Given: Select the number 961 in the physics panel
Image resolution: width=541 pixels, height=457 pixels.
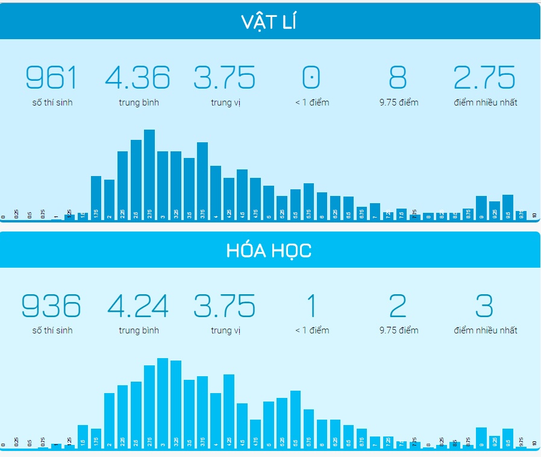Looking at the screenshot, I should point(52,78).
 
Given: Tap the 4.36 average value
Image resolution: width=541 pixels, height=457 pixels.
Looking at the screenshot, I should point(138,78).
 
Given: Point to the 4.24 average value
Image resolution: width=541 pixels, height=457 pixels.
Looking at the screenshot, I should point(138,306).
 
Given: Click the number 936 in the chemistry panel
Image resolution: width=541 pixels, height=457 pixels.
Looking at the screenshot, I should point(52,306).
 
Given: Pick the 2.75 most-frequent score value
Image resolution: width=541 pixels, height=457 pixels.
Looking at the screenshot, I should point(485,78).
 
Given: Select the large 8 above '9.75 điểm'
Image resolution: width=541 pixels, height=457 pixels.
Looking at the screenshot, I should point(398,78).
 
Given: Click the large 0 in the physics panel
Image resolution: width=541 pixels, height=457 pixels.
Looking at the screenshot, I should point(311,78).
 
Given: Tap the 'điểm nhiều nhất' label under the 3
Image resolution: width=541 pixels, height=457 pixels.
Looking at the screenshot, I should point(485,330).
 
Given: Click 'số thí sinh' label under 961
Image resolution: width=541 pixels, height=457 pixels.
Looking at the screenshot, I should point(52,102).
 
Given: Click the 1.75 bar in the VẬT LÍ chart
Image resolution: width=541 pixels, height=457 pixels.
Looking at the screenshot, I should point(96,196).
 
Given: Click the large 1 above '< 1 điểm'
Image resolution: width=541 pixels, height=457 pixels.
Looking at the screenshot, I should point(311,306).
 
